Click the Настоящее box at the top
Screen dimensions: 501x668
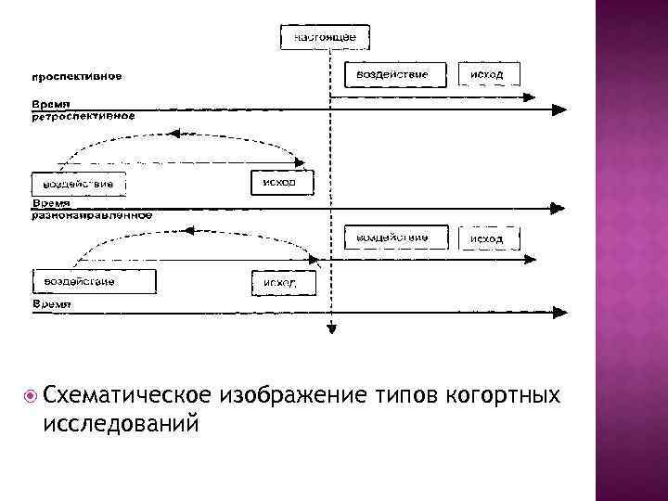(325, 37)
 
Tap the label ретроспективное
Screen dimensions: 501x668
(83, 117)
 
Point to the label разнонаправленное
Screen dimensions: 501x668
(91, 214)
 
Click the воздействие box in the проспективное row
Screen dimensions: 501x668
(388, 74)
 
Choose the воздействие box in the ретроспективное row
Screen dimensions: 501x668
(79, 184)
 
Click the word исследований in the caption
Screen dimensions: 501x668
(121, 423)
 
